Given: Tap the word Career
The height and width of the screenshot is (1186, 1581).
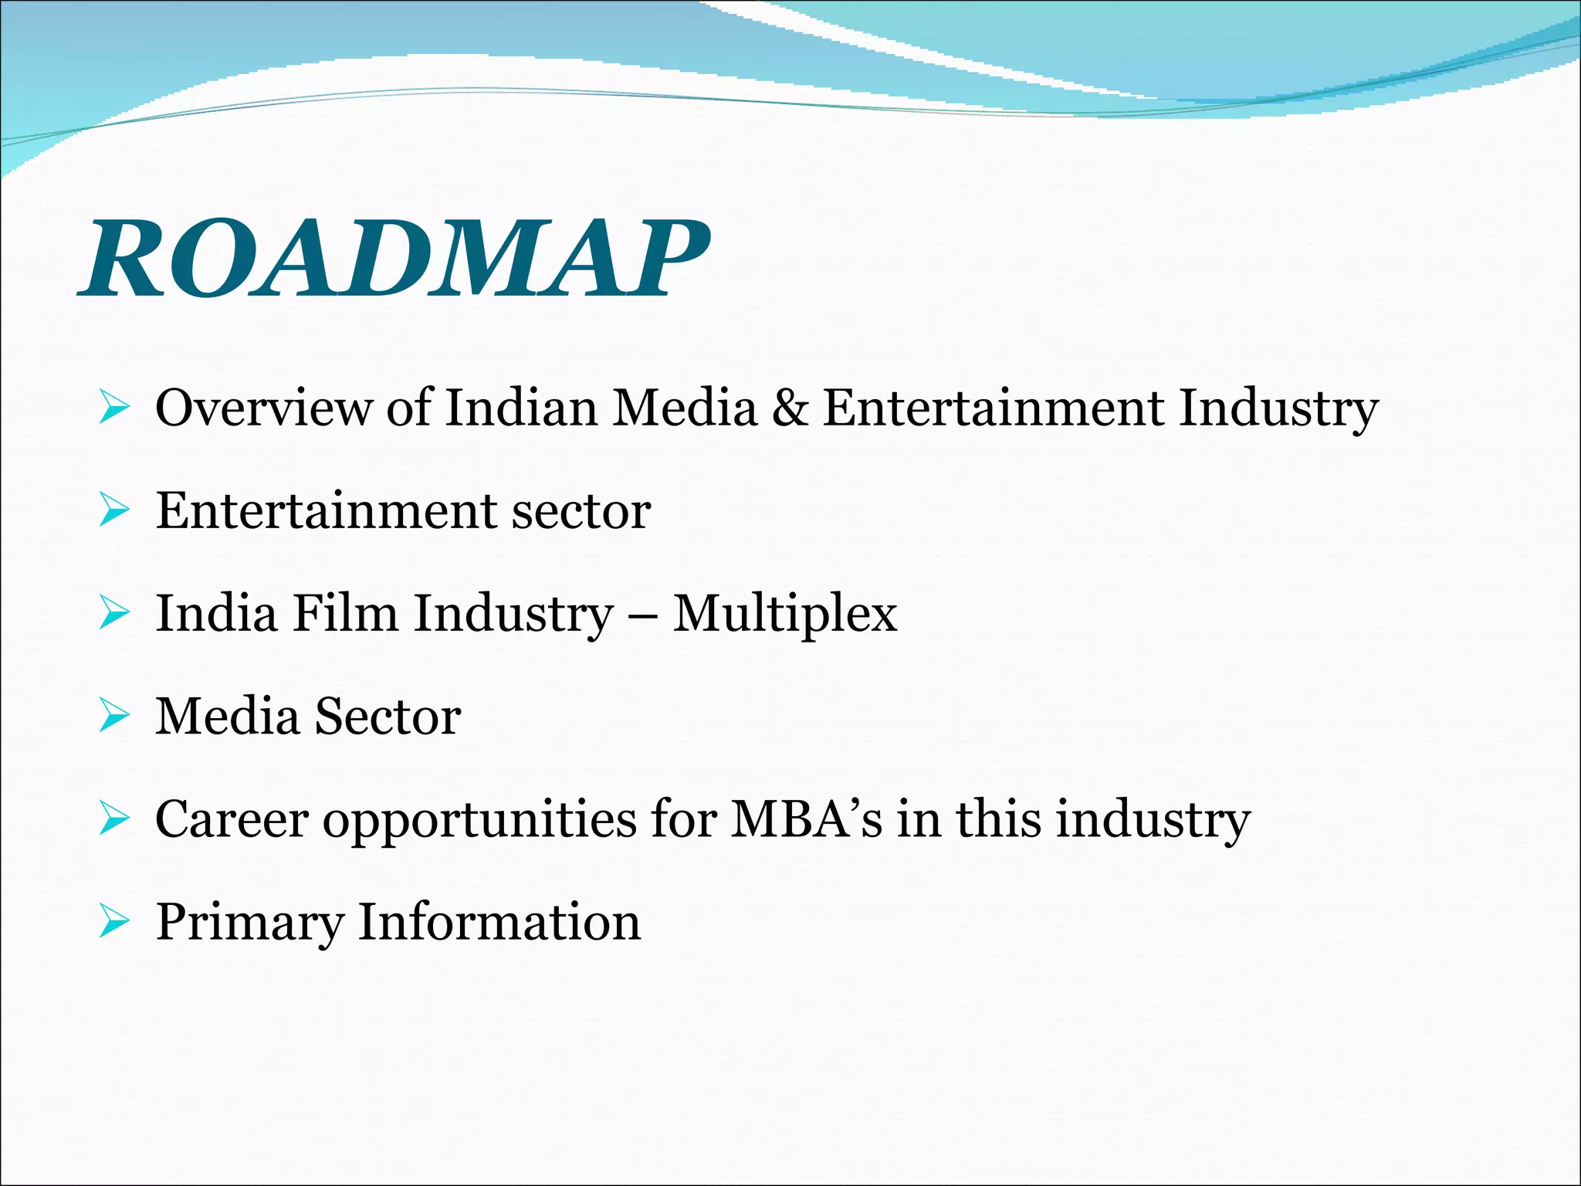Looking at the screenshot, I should (x=232, y=819).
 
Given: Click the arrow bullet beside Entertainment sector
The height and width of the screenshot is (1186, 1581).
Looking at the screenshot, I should (x=114, y=511).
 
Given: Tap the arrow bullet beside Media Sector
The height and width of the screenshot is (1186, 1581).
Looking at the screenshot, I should (x=114, y=717).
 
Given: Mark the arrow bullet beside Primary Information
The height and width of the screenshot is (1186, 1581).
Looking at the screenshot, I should (x=114, y=922).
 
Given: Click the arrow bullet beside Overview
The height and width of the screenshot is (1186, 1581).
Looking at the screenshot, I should (x=114, y=408).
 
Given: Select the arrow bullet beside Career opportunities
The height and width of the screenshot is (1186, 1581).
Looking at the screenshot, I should (x=114, y=819).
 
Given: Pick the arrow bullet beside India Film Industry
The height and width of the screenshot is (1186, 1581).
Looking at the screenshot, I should (x=114, y=614).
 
